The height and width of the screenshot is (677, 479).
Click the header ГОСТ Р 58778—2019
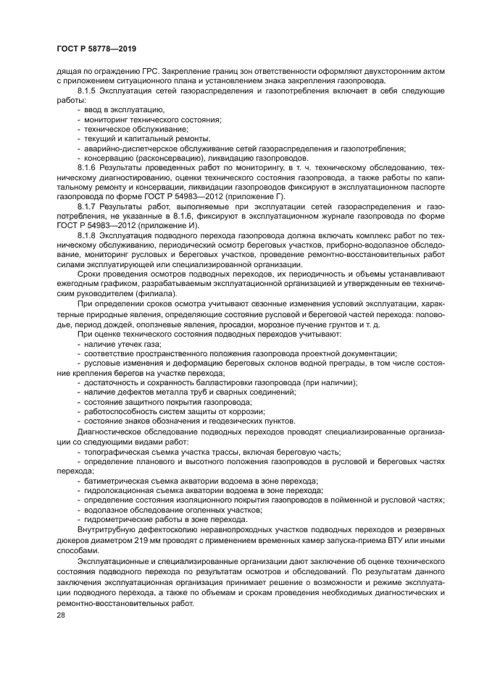pyautogui.click(x=96, y=49)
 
